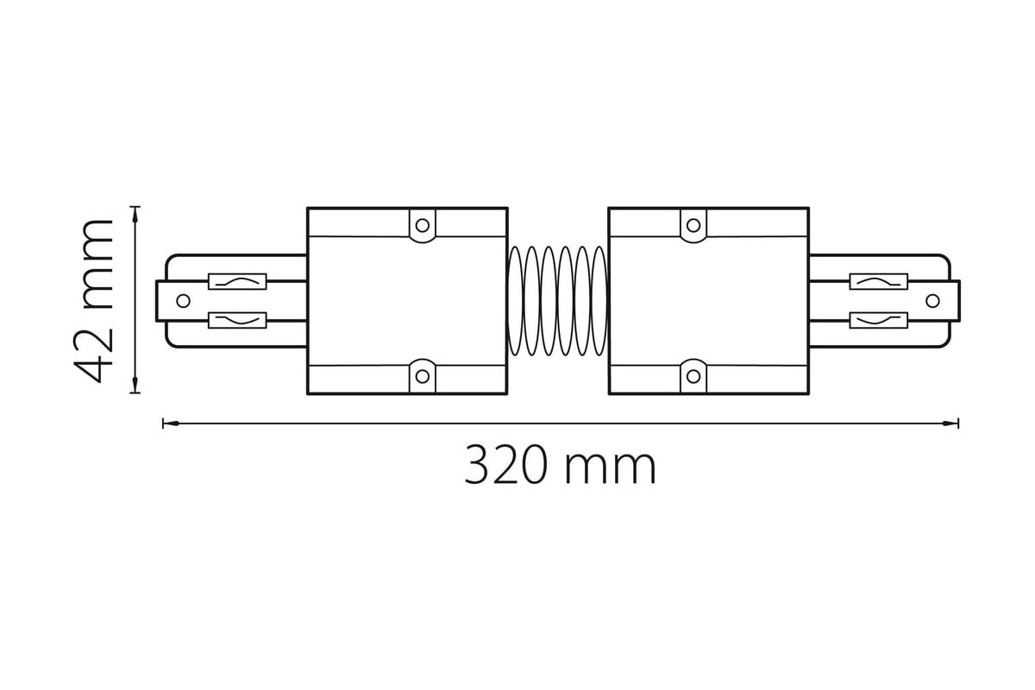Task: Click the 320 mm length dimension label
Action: tap(560, 464)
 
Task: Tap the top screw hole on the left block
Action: tap(423, 225)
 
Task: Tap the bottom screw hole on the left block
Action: tap(423, 376)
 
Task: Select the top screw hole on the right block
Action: tap(693, 225)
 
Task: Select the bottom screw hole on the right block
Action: tap(693, 376)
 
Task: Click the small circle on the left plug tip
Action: tap(184, 301)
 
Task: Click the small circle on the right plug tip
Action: tap(933, 301)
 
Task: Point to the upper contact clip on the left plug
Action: tap(237, 282)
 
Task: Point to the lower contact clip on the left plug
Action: tap(237, 320)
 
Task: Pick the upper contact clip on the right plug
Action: tap(879, 282)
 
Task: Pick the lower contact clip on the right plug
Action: tap(879, 320)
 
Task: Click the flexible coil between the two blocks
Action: tap(558, 301)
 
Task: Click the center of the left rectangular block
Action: tap(407, 301)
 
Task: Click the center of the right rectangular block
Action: tap(709, 301)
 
